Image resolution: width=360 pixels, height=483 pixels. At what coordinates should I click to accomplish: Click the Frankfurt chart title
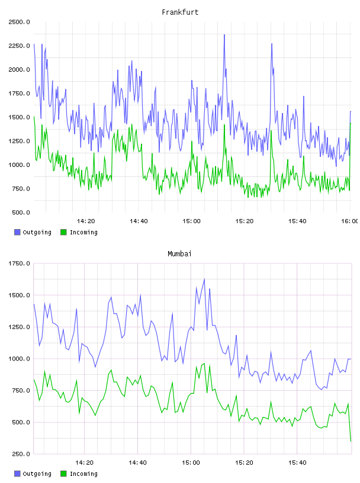(x=180, y=12)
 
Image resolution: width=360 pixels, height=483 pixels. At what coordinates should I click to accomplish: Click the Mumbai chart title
(x=179, y=254)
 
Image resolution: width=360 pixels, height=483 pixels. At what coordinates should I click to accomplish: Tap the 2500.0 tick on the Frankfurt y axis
(x=19, y=22)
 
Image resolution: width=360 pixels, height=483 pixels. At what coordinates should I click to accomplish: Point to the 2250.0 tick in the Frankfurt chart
(x=19, y=46)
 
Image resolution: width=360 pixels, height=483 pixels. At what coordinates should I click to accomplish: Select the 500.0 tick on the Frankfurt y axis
(x=21, y=212)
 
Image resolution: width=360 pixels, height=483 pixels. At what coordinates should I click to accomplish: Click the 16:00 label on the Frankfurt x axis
(x=349, y=221)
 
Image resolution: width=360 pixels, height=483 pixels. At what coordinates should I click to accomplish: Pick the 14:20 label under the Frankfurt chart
(x=86, y=221)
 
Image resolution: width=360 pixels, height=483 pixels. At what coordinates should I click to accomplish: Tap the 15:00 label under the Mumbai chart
(x=191, y=463)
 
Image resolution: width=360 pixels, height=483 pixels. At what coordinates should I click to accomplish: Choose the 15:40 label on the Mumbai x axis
(x=297, y=463)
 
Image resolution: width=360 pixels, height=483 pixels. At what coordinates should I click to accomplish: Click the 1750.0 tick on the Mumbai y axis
(x=19, y=263)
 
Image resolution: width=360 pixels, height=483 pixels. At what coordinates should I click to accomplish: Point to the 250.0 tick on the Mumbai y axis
(x=21, y=454)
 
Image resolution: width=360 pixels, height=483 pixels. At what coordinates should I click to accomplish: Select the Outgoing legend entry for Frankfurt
(x=33, y=232)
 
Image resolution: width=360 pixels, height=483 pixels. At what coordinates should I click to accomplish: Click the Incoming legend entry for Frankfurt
(x=79, y=232)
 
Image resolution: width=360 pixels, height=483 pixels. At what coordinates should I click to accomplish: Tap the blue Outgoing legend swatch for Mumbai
(x=17, y=474)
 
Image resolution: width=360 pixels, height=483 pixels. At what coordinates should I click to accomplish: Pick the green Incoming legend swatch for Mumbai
(x=63, y=474)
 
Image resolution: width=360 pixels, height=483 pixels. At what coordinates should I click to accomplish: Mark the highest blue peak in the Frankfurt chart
(x=224, y=35)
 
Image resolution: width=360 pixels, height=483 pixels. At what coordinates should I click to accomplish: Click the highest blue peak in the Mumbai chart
(x=204, y=279)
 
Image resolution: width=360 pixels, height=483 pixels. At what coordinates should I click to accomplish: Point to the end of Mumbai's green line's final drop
(x=351, y=441)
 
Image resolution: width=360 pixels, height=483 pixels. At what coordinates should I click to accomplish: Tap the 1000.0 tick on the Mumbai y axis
(x=19, y=359)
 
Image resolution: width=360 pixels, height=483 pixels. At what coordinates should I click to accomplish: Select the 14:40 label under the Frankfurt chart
(x=139, y=221)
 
